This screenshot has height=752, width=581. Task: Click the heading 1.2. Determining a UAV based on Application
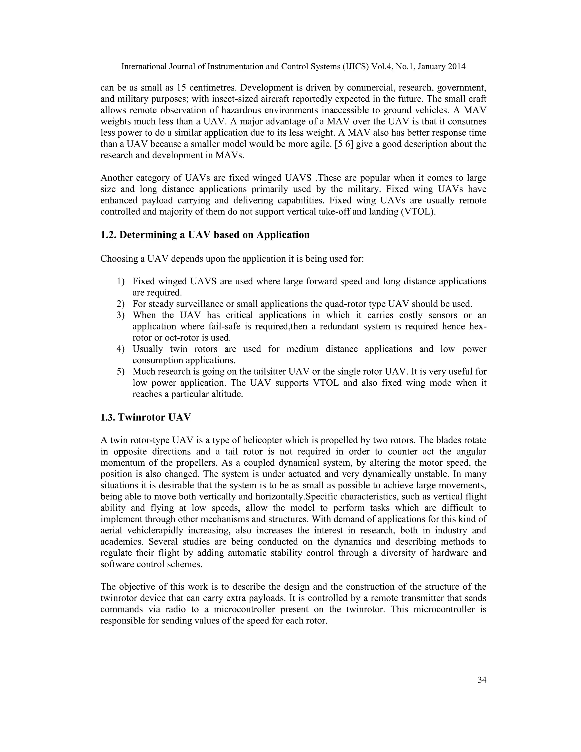[205, 235]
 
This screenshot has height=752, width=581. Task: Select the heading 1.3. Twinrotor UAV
[146, 417]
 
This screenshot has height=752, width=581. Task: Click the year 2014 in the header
[456, 66]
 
